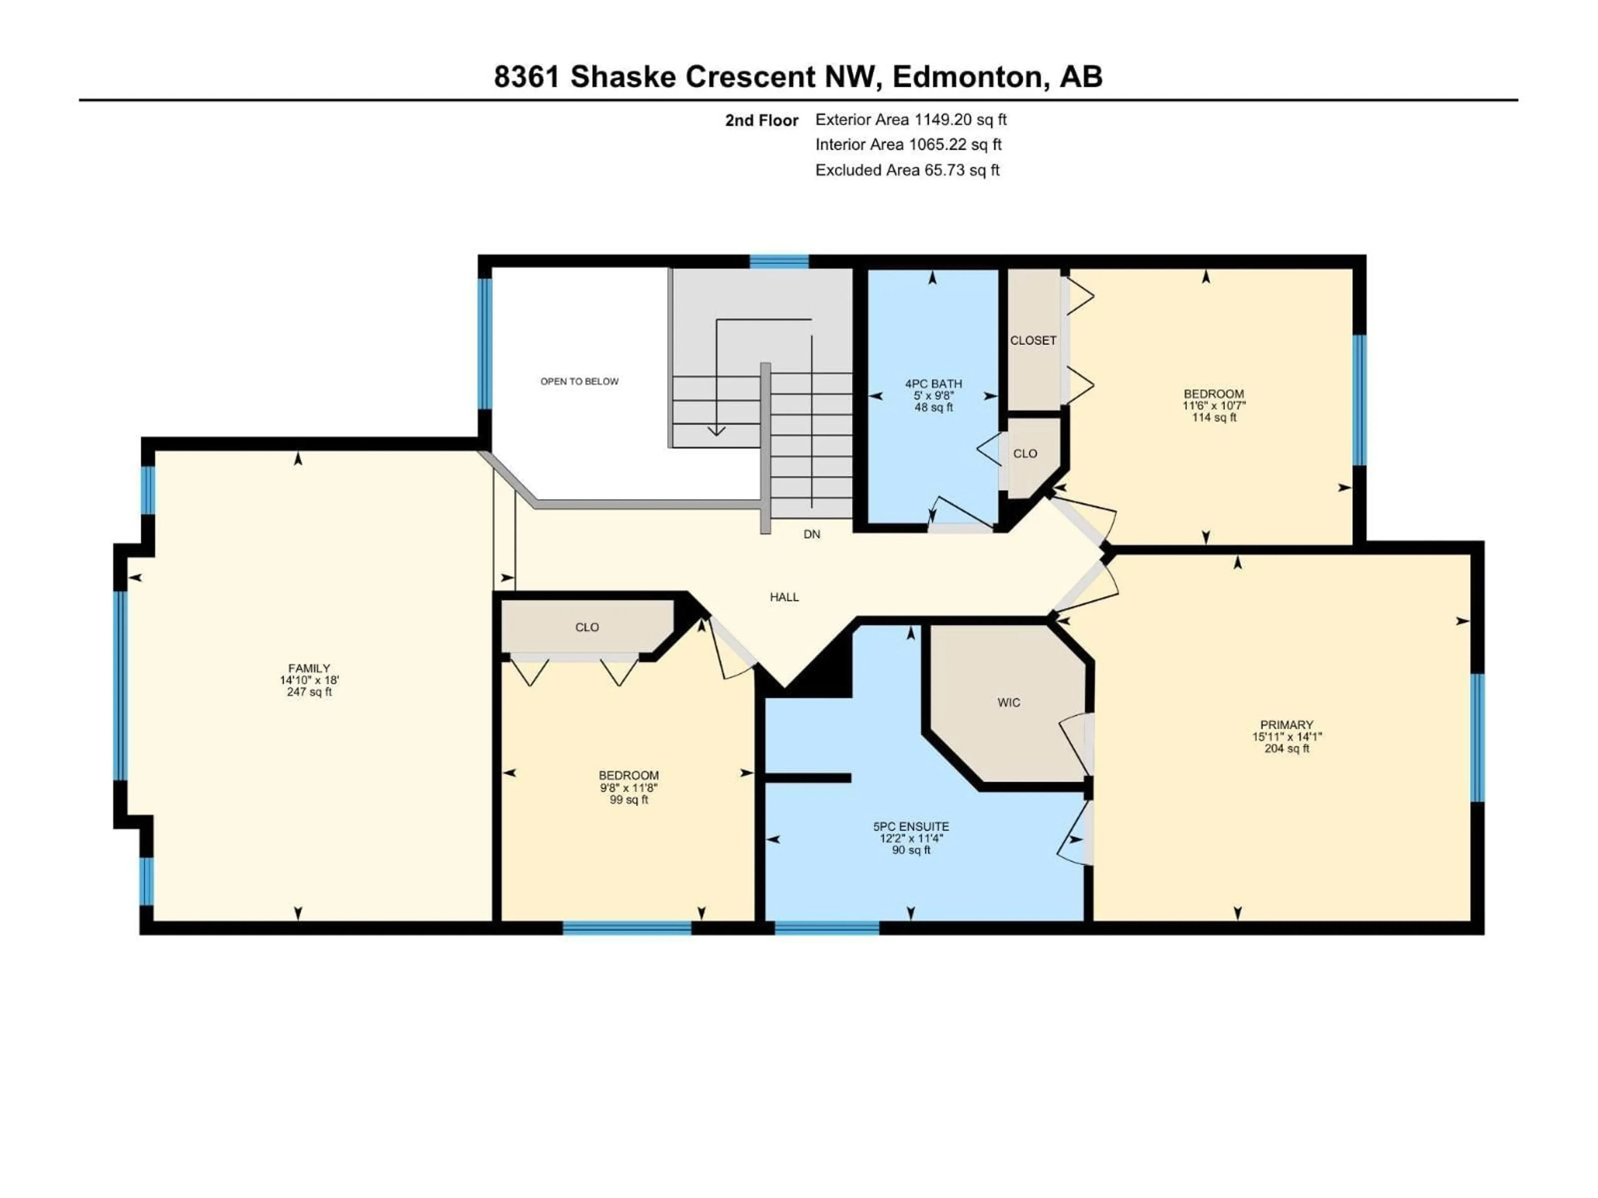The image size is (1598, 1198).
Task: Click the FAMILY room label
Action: point(309,668)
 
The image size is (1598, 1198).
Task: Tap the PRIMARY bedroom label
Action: point(1287,724)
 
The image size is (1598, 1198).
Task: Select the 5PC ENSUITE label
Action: point(911,826)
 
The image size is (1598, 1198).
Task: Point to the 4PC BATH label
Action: point(933,384)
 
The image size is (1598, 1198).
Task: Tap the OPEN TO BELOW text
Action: point(579,381)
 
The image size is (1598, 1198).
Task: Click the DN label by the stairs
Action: point(811,535)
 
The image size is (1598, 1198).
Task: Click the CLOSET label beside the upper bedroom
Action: point(1033,340)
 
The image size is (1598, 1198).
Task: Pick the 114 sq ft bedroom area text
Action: point(1213,417)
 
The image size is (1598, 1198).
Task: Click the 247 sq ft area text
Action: point(309,692)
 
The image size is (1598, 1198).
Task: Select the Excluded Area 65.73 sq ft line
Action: point(907,171)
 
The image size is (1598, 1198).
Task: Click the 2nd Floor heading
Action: point(762,121)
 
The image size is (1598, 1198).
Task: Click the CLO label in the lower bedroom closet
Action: point(587,627)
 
